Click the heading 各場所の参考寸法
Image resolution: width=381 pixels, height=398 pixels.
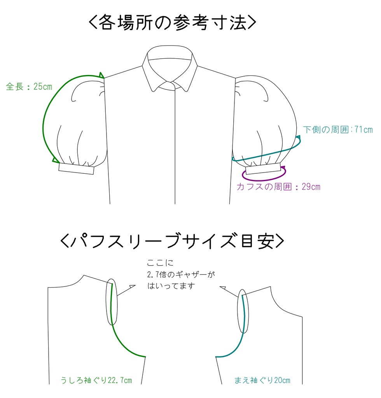[x=172, y=23]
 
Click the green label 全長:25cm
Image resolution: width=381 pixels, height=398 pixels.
[x=29, y=87]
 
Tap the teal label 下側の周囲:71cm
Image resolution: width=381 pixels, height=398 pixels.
[x=338, y=129]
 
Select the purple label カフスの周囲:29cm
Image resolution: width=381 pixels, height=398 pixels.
[x=278, y=187]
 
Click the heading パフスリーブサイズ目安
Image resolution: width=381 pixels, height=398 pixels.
[x=172, y=240]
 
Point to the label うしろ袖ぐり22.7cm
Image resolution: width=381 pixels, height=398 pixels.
[x=96, y=380]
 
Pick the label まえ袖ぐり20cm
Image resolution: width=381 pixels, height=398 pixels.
[x=262, y=380]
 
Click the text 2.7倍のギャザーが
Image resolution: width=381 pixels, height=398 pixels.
[x=181, y=274]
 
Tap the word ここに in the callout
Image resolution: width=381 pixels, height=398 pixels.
[x=160, y=263]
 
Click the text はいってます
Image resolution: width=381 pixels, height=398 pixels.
[x=171, y=286]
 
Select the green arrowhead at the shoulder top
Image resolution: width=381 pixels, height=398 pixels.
[x=101, y=75]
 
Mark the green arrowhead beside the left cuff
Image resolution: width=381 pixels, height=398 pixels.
[x=55, y=160]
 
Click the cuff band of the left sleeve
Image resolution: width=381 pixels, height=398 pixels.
[x=77, y=169]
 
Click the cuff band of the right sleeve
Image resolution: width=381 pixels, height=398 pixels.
[x=263, y=169]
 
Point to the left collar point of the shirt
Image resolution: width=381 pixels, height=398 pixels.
[x=152, y=91]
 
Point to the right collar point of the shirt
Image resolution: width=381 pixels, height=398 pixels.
[x=187, y=91]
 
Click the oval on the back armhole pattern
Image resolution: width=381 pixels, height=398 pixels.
[x=112, y=302]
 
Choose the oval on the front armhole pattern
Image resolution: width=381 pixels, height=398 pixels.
[x=243, y=311]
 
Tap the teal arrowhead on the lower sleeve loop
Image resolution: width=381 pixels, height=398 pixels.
[x=298, y=138]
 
